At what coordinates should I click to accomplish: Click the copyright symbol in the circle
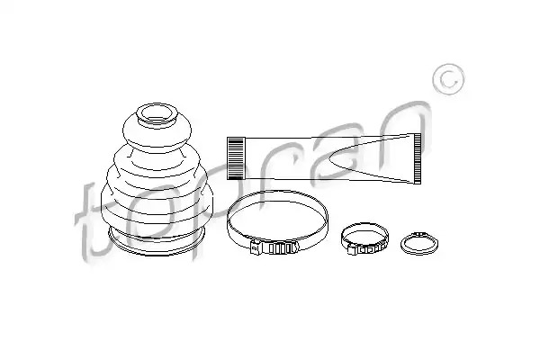448,79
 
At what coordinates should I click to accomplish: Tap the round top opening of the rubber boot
157,113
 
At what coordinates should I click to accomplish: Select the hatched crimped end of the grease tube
236,158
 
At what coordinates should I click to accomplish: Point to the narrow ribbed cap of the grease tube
417,158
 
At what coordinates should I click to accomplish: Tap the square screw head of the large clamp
256,247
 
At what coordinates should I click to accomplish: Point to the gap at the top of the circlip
419,234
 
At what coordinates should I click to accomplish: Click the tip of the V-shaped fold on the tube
329,158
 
